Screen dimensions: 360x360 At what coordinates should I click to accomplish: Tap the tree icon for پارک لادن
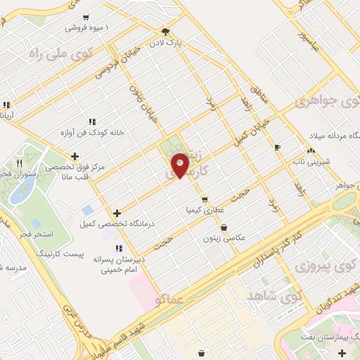pyautogui.click(x=165, y=32)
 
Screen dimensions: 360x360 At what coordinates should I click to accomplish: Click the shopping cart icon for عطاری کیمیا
pyautogui.click(x=205, y=199)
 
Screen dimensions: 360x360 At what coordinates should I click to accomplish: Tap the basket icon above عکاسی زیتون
pyautogui.click(x=224, y=227)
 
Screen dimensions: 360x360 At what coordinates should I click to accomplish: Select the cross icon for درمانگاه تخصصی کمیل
pyautogui.click(x=117, y=213)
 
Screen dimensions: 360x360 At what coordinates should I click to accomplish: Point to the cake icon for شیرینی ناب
pyautogui.click(x=310, y=151)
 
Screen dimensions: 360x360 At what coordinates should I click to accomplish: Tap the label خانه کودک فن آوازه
pyautogui.click(x=91, y=132)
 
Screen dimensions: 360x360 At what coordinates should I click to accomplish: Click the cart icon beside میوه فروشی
pyautogui.click(x=86, y=18)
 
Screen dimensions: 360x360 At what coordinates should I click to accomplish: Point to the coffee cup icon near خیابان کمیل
pyautogui.click(x=277, y=147)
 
